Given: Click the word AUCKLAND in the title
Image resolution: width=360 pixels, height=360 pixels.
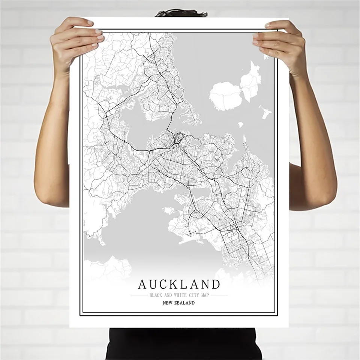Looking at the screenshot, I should [179, 284].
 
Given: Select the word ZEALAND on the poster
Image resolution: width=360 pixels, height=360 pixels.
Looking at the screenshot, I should [185, 303].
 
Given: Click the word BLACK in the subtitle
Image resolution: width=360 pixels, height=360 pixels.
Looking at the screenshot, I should [155, 295].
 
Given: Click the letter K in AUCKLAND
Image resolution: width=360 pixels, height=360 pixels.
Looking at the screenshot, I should [173, 284].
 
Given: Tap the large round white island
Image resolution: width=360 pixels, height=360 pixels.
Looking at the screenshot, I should [225, 96].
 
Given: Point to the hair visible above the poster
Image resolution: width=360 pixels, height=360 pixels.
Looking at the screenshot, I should [181, 13].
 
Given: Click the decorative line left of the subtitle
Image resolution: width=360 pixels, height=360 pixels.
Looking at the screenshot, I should [138, 295].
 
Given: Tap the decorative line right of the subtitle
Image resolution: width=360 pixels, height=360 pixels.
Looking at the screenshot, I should [219, 295].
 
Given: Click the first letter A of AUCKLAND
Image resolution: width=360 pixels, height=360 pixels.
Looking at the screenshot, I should [142, 284].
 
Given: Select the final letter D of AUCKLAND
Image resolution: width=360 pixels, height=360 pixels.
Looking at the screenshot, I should [215, 284].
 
